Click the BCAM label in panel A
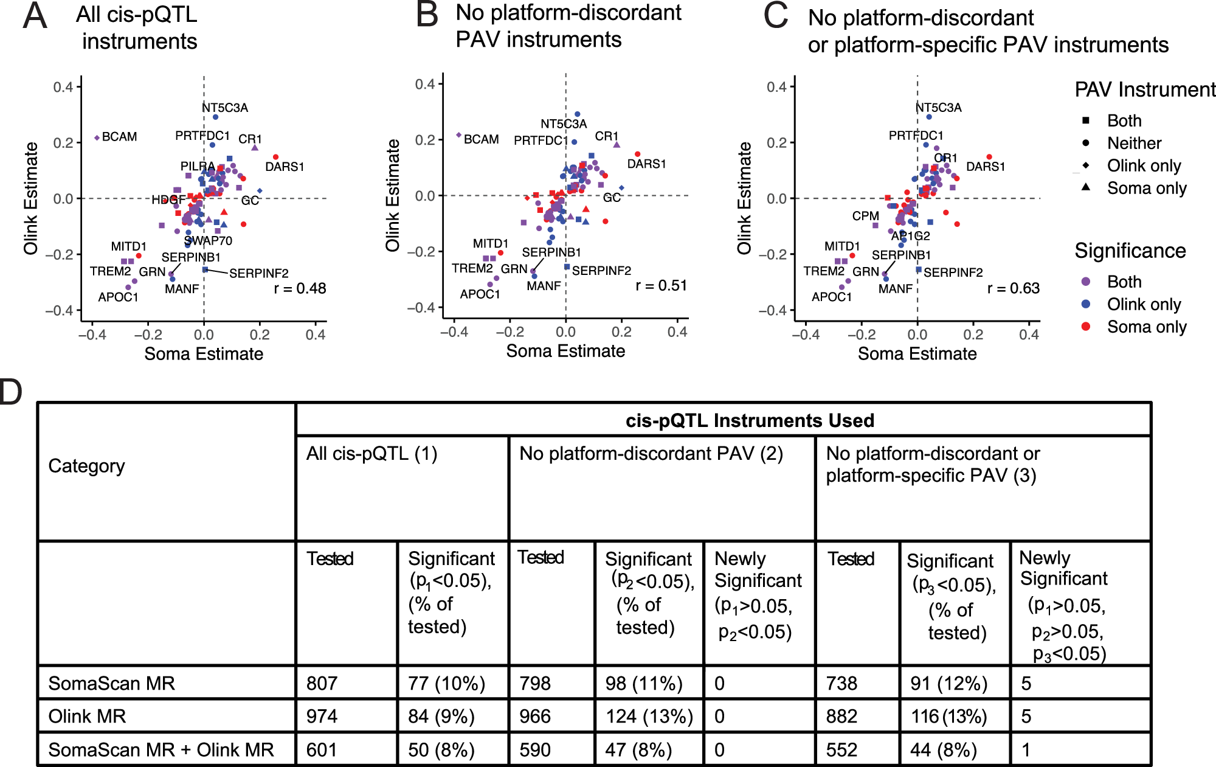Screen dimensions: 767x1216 pyautogui.click(x=119, y=137)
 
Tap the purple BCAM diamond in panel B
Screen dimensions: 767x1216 pyautogui.click(x=459, y=135)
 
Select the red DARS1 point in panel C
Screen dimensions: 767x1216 pyautogui.click(x=989, y=157)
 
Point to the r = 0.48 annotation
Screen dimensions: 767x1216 pyautogui.click(x=300, y=288)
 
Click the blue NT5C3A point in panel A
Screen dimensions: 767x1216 pyautogui.click(x=215, y=117)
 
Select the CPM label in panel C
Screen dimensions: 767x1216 pyautogui.click(x=865, y=216)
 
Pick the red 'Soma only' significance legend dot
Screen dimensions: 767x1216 pyautogui.click(x=1086, y=327)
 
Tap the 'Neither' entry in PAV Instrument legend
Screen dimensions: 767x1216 pyautogui.click(x=1134, y=143)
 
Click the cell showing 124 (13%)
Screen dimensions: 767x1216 pyautogui.click(x=649, y=717)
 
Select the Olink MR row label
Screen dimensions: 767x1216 pyautogui.click(x=87, y=717)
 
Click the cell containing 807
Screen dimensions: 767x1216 pyautogui.click(x=322, y=684)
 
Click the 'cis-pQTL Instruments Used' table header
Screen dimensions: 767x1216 pyautogui.click(x=750, y=420)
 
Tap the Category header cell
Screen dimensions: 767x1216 pyautogui.click(x=86, y=466)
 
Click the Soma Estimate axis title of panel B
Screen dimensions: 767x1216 pyautogui.click(x=565, y=351)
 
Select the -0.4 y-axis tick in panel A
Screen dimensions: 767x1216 pyautogui.click(x=58, y=311)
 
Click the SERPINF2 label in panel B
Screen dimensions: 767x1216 pyautogui.click(x=601, y=271)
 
